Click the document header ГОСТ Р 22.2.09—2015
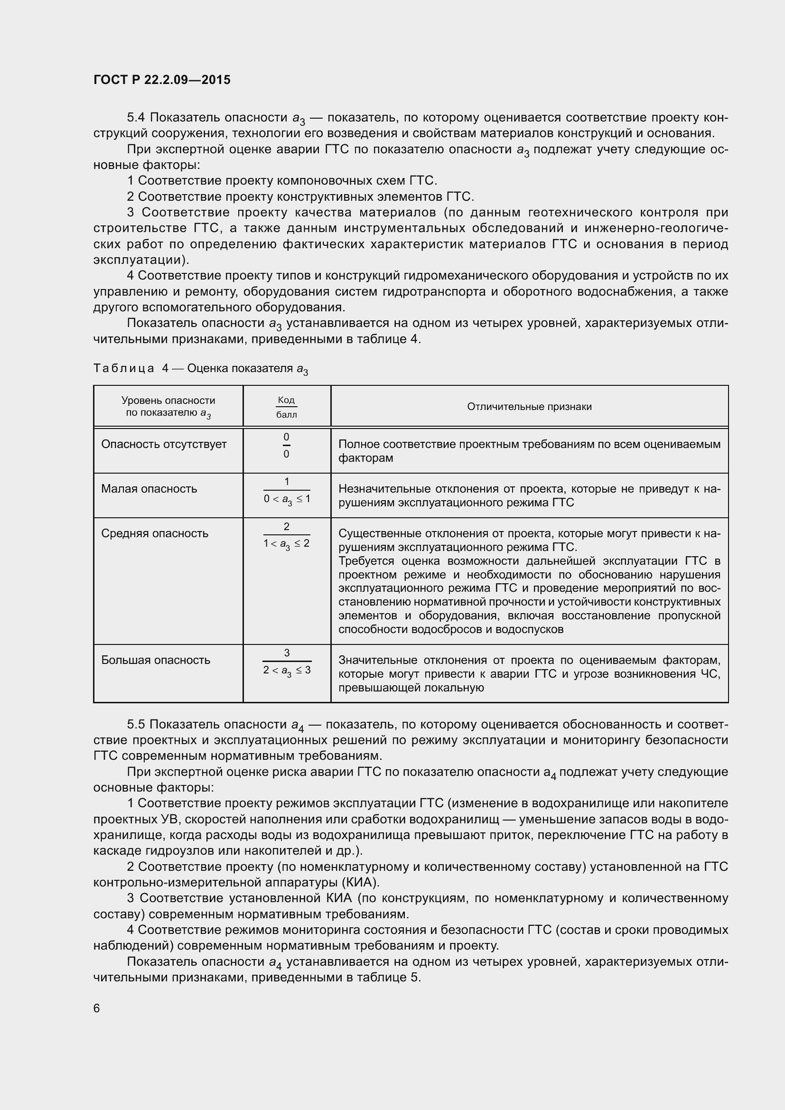[x=162, y=80]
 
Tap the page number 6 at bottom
[x=97, y=1008]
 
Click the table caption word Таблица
[x=124, y=368]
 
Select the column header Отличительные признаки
[x=529, y=407]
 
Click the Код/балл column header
[x=286, y=407]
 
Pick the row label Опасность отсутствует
[x=164, y=444]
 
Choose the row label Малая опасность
[x=149, y=489]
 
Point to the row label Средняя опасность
[x=155, y=533]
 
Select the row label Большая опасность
[x=156, y=661]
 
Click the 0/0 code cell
[x=286, y=446]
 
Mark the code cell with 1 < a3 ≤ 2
[x=286, y=543]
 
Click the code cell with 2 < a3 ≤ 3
[x=287, y=670]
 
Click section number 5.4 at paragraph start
[x=136, y=118]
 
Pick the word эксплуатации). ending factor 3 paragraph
[x=141, y=260]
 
